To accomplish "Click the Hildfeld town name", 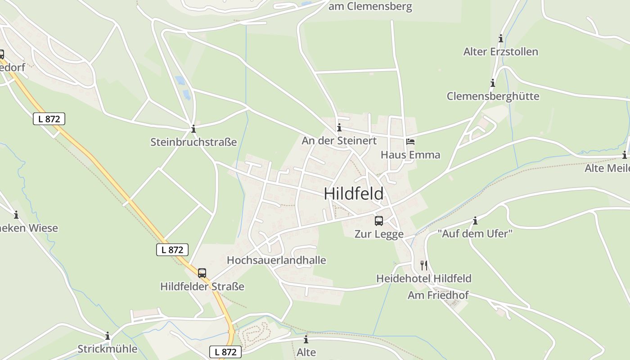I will coord(354,193).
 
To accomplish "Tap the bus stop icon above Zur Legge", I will coord(379,221).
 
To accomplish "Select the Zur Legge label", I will coord(379,234).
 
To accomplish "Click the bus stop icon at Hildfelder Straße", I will coord(202,273).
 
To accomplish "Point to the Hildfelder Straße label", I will coord(202,287).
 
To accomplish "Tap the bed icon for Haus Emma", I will coord(410,142).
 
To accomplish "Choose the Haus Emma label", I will coord(410,155).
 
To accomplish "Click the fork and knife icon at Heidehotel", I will coord(423,265).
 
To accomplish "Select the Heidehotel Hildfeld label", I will coord(423,279).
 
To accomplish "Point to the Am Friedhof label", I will coord(438,295).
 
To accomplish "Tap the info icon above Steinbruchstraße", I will coord(193,129).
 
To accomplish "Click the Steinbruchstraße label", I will coord(193,142).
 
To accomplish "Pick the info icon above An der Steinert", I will coord(339,128).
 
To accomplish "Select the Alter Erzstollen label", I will coord(500,52).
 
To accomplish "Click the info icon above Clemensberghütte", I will coord(493,83).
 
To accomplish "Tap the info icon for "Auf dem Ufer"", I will coord(475,220).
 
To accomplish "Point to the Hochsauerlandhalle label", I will coord(276,260).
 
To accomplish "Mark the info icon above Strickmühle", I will coord(108,336).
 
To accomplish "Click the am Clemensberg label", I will coord(370,7).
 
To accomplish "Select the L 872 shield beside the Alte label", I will coord(225,352).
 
